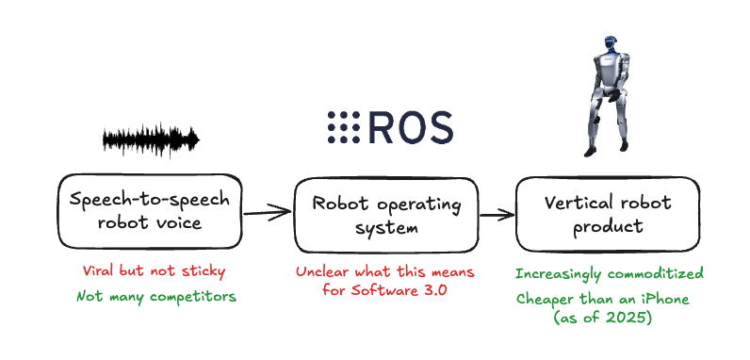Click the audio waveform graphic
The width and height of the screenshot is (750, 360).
point(151,140)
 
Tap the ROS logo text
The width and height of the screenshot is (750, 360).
point(410,126)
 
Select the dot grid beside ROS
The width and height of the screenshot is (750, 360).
point(345,126)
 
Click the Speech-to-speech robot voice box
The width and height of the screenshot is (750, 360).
point(149,210)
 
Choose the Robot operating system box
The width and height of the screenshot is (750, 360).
point(387,214)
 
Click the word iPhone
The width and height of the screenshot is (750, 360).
point(663,299)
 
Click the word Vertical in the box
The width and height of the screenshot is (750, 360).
point(577,202)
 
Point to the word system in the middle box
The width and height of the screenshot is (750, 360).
point(386,227)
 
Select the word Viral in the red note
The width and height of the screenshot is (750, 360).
point(98,272)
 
